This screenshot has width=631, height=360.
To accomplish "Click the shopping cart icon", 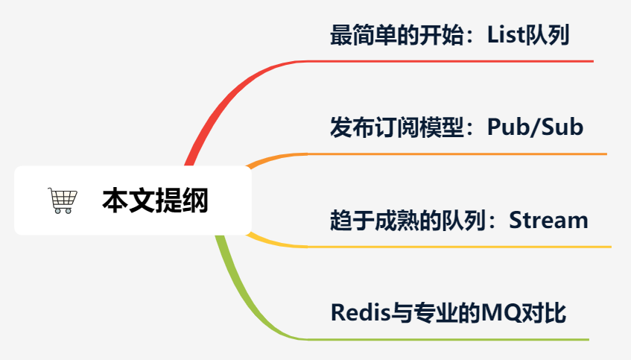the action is (63, 200).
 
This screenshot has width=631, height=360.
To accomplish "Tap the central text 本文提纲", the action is (155, 200).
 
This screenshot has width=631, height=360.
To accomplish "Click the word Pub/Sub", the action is (535, 127).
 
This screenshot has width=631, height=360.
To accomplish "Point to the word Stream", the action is (548, 221).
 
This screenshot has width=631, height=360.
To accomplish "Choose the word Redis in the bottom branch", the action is (361, 312).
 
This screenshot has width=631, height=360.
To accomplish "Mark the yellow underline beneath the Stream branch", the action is (460, 247).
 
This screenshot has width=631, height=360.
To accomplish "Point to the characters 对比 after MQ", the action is (544, 313).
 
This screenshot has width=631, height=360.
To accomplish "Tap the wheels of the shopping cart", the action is (63, 211).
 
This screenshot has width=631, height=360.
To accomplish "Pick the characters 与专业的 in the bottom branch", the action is (437, 313).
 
